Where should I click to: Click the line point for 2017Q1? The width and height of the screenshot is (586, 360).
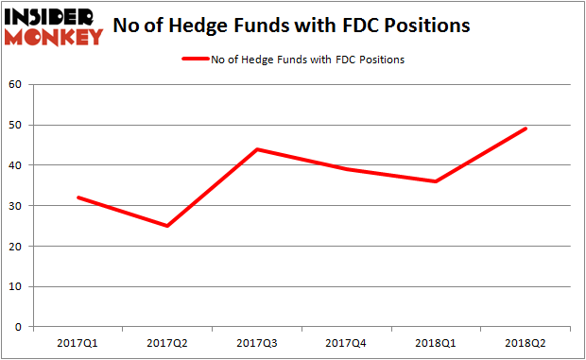(78, 197)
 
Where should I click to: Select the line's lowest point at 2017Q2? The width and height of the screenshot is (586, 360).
(168, 226)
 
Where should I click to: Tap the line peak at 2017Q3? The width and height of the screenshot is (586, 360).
(257, 149)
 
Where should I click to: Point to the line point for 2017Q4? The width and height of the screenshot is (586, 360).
(347, 169)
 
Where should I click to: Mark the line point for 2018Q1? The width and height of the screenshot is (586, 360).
(436, 181)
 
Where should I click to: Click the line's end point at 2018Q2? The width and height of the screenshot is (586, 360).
(526, 129)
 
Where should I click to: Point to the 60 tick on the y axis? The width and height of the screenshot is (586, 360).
(16, 84)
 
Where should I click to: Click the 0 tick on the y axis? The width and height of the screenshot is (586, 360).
(20, 327)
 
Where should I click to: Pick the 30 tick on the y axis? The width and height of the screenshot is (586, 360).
(16, 206)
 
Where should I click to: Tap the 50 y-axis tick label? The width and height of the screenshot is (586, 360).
(16, 125)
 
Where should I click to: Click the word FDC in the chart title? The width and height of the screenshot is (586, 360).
(379, 26)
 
